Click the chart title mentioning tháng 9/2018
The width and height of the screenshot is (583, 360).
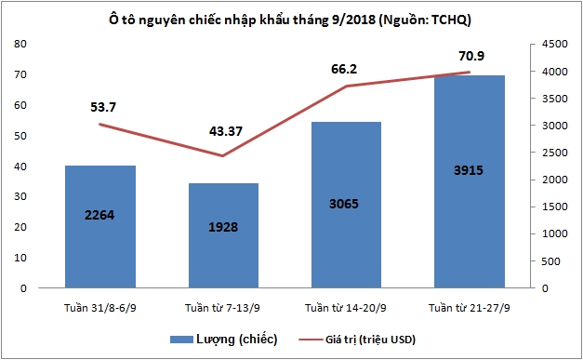pyautogui.click(x=291, y=18)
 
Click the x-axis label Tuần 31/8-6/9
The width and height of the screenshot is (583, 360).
pyautogui.click(x=100, y=308)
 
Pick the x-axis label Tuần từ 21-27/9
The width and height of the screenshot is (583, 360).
pyautogui.click(x=470, y=308)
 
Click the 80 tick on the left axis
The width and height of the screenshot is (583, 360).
pyautogui.click(x=20, y=44)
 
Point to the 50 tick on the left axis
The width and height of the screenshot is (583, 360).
pyautogui.click(x=20, y=136)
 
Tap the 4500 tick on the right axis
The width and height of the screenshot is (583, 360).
pyautogui.click(x=550, y=44)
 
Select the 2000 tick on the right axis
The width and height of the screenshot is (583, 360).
pyautogui.click(x=550, y=180)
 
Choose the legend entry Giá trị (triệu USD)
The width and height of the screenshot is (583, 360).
pyautogui.click(x=357, y=339)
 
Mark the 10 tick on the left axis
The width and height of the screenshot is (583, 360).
pyautogui.click(x=20, y=258)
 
